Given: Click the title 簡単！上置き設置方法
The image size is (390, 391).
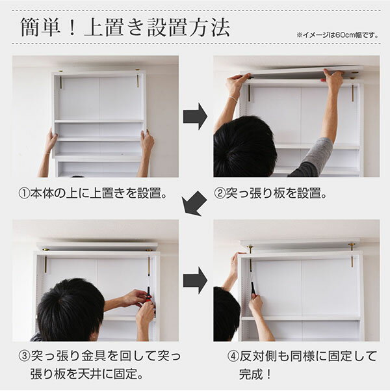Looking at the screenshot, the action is tap(125, 27).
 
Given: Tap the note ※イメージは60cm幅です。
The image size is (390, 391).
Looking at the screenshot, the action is tap(337, 35).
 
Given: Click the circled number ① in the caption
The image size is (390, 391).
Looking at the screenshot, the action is tap(24, 194).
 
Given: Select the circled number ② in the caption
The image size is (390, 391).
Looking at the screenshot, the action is tap(220, 194).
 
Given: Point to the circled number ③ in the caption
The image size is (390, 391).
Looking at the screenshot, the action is tap(25, 357).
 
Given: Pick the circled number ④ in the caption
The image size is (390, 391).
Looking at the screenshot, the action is tap(233, 357).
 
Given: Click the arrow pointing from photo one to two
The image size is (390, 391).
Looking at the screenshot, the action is tap(195, 116).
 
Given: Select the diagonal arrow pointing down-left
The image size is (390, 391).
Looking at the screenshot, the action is tap(194, 204).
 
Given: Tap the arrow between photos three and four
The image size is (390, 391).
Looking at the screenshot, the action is tap(195, 280).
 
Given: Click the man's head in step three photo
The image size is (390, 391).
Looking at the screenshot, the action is tap(71, 310).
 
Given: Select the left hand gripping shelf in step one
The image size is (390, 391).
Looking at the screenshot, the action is tap(51, 141).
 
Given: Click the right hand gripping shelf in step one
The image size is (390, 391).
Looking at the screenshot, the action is tap(148, 142).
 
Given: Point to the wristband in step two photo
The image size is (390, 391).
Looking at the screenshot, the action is tap(233, 99).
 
